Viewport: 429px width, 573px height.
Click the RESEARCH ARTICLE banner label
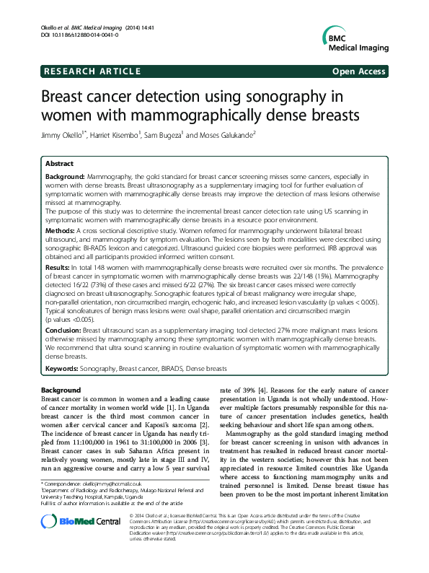pos(92,71)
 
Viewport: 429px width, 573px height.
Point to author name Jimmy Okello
pos(63,135)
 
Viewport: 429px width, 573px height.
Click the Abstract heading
pos(60,164)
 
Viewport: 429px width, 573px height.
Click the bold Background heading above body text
pos(61,390)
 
